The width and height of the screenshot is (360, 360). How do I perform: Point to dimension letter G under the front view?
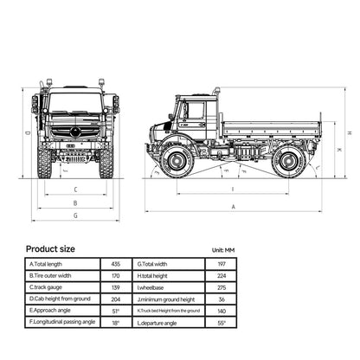pos(75,215)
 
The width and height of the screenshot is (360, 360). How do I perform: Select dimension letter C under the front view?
pos(75,189)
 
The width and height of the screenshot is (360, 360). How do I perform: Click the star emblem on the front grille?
pos(75,132)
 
